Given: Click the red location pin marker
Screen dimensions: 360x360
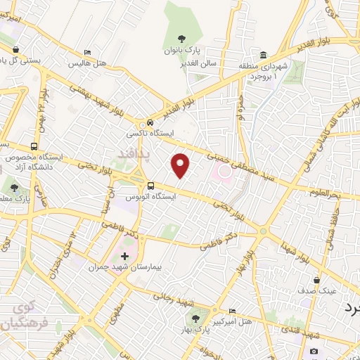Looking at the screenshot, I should [181, 165].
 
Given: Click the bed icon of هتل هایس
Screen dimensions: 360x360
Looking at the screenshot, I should [87, 52].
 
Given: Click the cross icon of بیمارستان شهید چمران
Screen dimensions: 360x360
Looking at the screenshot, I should [126, 256].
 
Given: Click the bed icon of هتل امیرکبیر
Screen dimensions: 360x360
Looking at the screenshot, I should [233, 310].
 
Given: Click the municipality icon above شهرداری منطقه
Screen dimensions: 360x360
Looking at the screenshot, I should [263, 56].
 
